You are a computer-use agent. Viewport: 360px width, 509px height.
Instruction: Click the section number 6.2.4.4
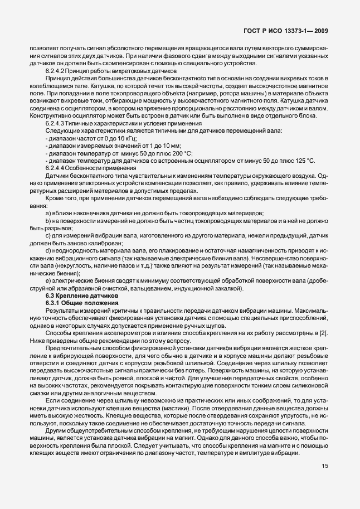[x=56, y=168]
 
